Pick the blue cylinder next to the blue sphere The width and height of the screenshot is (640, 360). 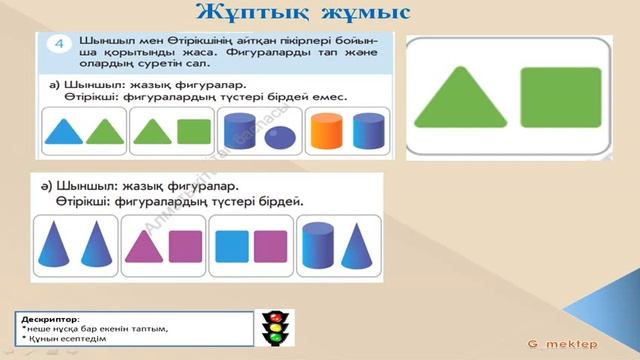[243, 132]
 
